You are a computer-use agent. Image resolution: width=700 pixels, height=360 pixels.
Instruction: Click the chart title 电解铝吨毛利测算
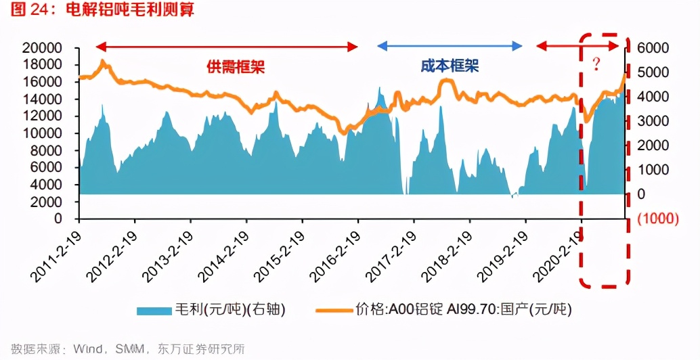coord(129,11)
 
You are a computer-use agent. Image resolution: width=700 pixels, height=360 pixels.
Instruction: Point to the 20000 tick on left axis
coord(42,48)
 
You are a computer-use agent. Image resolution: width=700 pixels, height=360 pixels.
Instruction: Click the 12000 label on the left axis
coord(42,116)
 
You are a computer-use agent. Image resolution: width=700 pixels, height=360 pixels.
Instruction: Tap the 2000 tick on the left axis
coord(45,202)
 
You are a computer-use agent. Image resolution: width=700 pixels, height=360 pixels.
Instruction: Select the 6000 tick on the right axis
coord(652,48)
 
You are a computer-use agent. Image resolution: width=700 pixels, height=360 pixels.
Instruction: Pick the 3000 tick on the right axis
coord(652,121)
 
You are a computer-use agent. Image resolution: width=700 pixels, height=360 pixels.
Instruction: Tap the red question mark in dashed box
coord(596,65)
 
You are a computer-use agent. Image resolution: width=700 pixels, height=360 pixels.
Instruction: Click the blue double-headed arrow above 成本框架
coord(450,46)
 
